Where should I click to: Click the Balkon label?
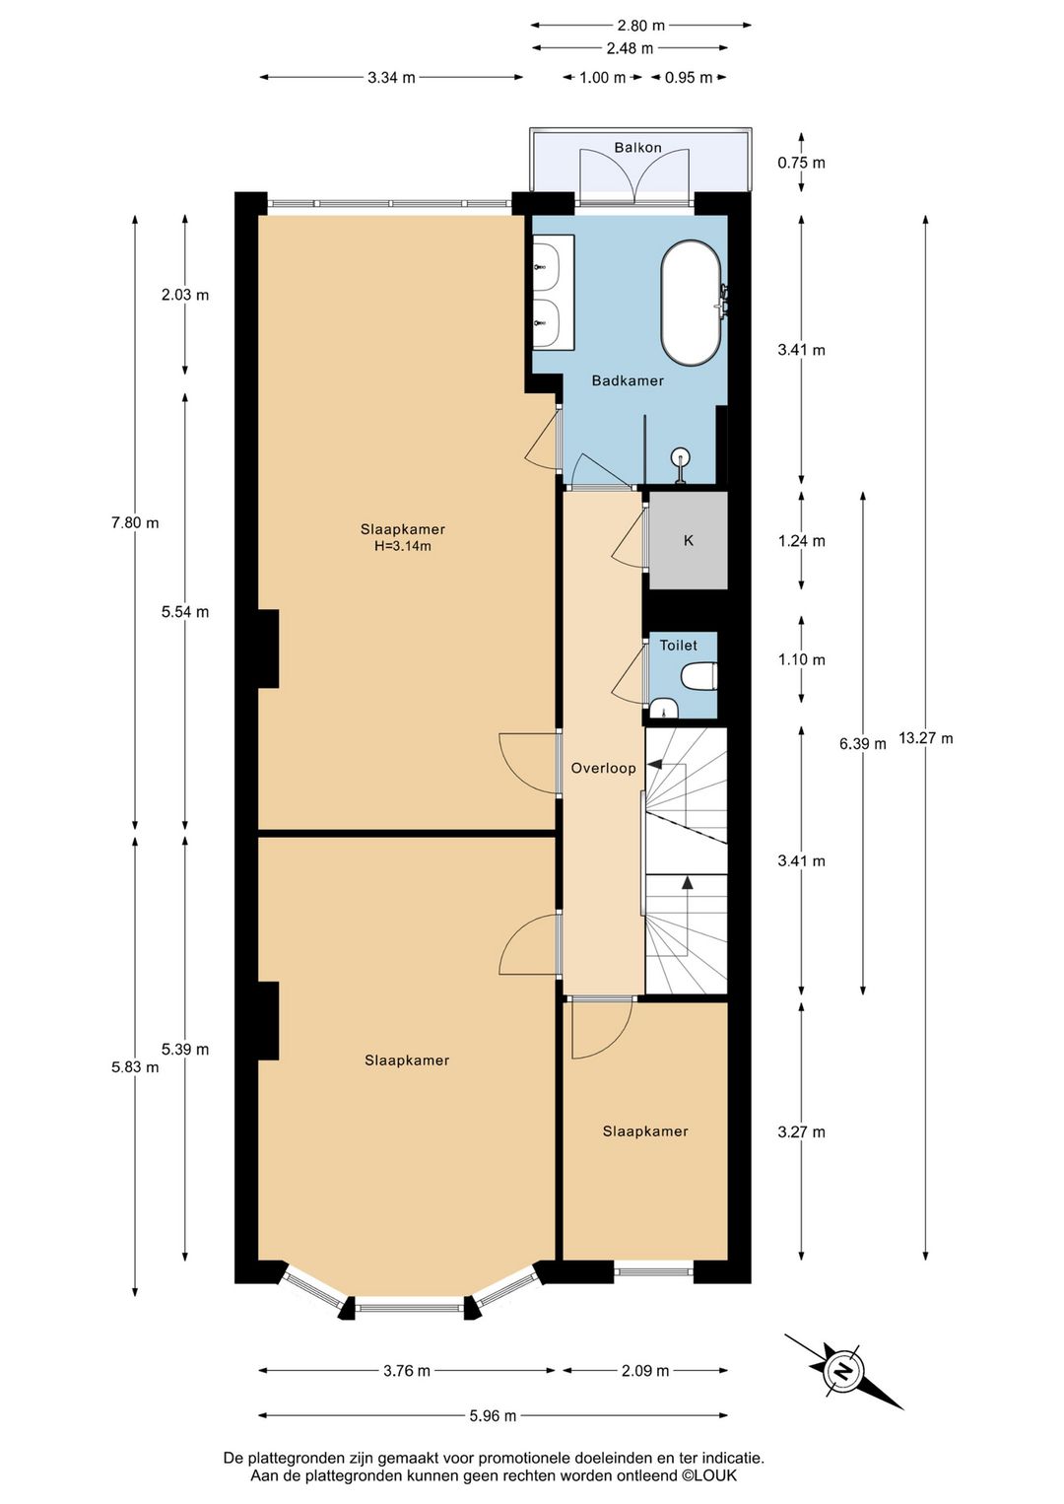(637, 147)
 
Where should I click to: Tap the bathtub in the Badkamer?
(691, 305)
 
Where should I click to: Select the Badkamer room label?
(627, 380)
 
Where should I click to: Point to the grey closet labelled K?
(688, 540)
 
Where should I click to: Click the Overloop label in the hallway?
(603, 768)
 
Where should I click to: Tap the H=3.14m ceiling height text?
(402, 546)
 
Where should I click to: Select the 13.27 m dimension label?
(926, 738)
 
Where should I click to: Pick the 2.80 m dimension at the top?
(640, 26)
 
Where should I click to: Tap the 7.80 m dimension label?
(135, 522)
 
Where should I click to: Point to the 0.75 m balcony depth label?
(802, 163)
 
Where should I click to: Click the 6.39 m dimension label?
(863, 743)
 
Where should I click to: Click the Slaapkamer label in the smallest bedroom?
(645, 1131)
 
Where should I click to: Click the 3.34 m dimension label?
(391, 77)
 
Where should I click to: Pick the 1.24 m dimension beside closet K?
(802, 540)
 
